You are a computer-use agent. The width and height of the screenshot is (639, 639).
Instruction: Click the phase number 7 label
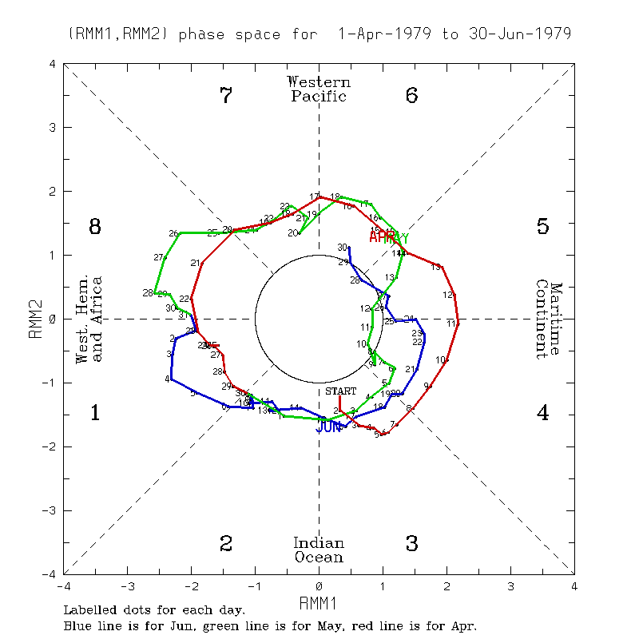226,96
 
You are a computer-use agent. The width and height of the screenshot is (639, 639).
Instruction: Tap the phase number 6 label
412,96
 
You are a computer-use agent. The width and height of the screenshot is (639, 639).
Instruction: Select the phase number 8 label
94,227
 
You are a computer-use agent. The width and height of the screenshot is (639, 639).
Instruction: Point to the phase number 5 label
542,227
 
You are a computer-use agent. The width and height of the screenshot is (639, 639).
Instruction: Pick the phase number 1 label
94,413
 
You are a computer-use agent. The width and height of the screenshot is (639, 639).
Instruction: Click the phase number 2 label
226,544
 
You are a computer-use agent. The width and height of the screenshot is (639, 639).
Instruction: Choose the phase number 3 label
412,544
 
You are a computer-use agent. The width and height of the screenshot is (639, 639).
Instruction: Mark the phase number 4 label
542,413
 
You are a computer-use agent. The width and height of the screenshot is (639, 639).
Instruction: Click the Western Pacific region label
319,89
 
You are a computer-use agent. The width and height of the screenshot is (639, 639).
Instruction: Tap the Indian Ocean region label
319,550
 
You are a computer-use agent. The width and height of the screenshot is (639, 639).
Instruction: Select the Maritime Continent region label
549,319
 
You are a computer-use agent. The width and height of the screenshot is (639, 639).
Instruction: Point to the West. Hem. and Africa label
89,319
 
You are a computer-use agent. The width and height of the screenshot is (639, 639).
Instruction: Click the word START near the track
340,391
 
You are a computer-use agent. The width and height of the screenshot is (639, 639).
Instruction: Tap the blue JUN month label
328,428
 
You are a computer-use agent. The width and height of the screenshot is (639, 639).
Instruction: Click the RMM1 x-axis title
319,601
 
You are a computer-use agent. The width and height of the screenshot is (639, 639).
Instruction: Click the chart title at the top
319,34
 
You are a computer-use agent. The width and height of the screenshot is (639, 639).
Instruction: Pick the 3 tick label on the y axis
53,127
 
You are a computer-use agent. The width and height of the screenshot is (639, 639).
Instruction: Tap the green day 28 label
148,293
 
